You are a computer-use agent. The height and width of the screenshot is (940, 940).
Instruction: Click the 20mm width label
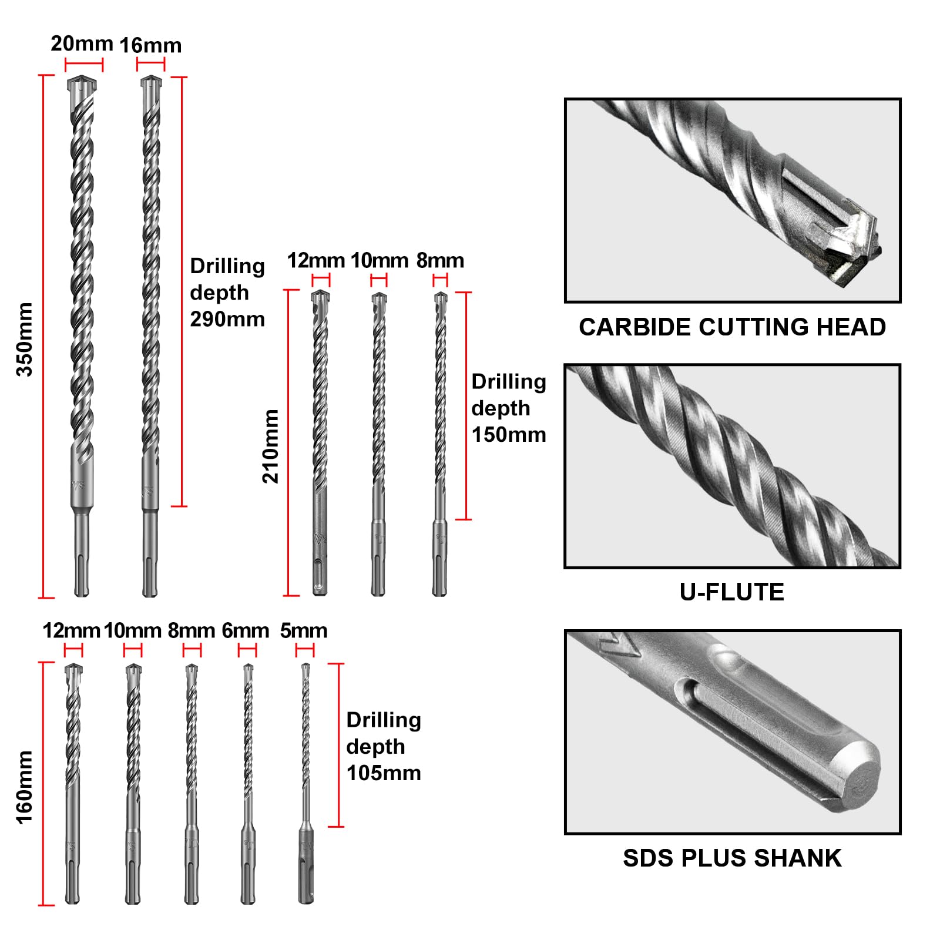tap(82, 43)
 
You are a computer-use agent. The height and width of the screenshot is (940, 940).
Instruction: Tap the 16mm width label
tap(150, 45)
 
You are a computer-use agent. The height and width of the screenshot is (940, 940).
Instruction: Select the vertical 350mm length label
tap(24, 339)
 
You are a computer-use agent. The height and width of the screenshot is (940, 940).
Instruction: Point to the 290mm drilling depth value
tap(227, 319)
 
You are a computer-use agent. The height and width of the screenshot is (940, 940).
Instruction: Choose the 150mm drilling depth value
tap(509, 435)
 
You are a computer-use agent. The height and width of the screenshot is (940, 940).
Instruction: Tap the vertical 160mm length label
tap(24, 787)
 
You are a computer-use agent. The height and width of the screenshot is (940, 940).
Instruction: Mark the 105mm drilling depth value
tap(384, 773)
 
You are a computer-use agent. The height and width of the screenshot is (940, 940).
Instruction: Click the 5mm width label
tap(304, 630)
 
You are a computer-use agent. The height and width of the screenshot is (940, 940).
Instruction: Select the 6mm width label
tap(246, 630)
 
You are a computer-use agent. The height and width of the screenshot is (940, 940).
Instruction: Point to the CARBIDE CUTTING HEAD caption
tap(732, 327)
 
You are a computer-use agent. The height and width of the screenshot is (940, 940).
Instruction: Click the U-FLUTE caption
tap(732, 592)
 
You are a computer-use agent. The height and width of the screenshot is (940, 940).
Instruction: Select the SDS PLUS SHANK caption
tap(732, 858)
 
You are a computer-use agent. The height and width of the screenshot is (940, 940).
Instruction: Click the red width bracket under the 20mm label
tap(83, 65)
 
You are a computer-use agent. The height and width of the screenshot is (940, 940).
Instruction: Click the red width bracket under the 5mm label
tap(305, 650)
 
